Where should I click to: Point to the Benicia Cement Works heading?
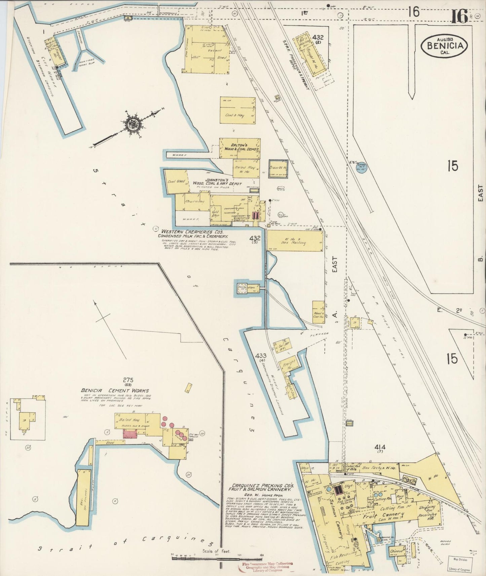[x=114, y=390]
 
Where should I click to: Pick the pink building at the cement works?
[x=130, y=435]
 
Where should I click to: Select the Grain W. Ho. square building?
[x=278, y=169]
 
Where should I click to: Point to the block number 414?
[x=381, y=447]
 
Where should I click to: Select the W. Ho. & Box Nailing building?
[x=294, y=241]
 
